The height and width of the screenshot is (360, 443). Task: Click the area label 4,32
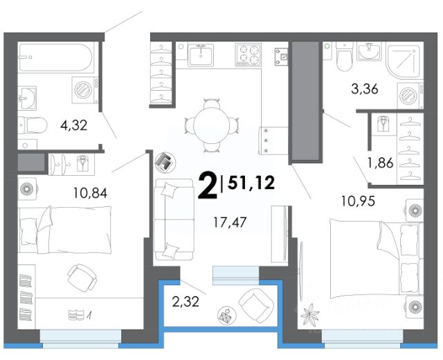(x=74, y=125)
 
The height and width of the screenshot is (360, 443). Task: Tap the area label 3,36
(x=365, y=89)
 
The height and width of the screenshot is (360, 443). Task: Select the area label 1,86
(x=380, y=163)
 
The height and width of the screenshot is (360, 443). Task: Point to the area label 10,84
(x=91, y=193)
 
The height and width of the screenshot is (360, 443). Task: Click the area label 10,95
(x=358, y=201)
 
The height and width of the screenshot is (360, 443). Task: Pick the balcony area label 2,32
(x=186, y=302)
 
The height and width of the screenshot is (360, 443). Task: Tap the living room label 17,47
(x=230, y=222)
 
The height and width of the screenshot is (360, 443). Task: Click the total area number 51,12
(x=251, y=183)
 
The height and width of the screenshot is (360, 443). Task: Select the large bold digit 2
(x=208, y=186)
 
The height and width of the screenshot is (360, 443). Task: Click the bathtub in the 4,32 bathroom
(x=55, y=57)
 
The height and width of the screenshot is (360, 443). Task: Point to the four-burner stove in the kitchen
(x=248, y=55)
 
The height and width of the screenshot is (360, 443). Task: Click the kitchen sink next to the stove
(x=201, y=55)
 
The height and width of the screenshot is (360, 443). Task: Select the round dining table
(x=211, y=125)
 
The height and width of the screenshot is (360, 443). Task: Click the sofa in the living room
(x=174, y=219)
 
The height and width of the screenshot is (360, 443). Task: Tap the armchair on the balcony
(x=256, y=305)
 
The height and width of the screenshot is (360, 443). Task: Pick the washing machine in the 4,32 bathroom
(x=85, y=90)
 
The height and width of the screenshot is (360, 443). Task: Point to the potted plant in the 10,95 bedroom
(x=309, y=314)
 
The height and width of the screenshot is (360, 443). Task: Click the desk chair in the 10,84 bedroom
(x=82, y=278)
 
